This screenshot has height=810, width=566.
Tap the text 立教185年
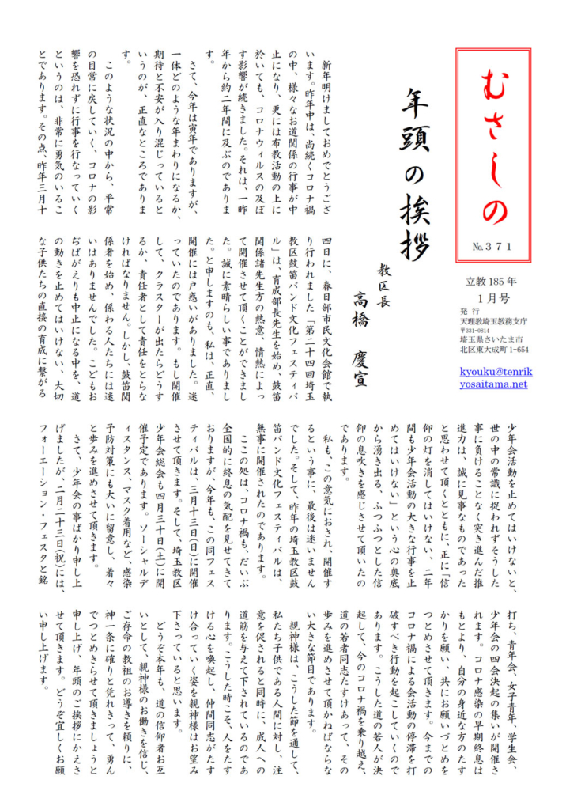[495, 282]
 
